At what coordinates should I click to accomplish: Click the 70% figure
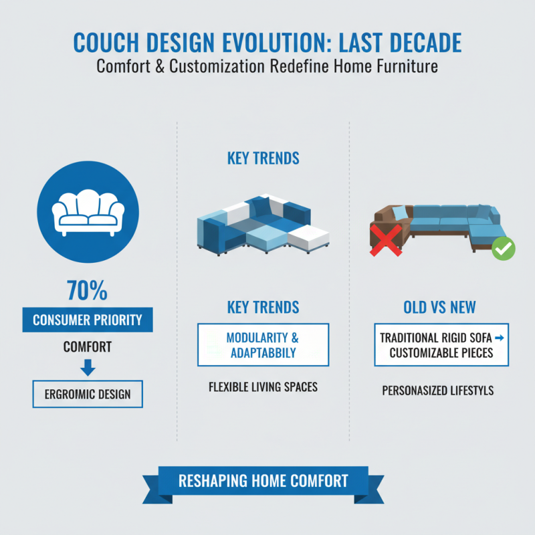pyautogui.click(x=88, y=292)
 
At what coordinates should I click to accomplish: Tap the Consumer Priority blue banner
pyautogui.click(x=88, y=320)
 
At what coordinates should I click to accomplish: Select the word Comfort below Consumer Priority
pyautogui.click(x=88, y=348)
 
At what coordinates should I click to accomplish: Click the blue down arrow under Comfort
pyautogui.click(x=88, y=368)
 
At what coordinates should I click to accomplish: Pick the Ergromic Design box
pyautogui.click(x=88, y=395)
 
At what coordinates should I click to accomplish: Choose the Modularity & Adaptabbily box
pyautogui.click(x=263, y=344)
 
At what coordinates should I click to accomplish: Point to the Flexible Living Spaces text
pyautogui.click(x=263, y=387)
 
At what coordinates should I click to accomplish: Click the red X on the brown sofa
pyautogui.click(x=386, y=239)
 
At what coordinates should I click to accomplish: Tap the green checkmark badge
pyautogui.click(x=503, y=249)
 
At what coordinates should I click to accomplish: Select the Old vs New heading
pyautogui.click(x=439, y=307)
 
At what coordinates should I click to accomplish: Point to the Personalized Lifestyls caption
pyautogui.click(x=438, y=390)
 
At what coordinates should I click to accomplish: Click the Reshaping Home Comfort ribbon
pyautogui.click(x=263, y=480)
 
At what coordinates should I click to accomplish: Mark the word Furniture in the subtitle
pyautogui.click(x=405, y=67)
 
